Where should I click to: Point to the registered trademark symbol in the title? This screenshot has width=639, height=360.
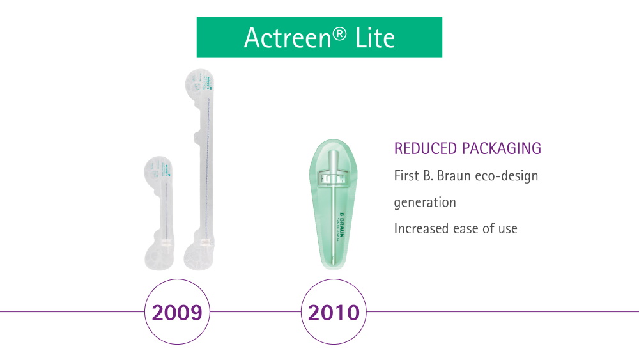(339, 32)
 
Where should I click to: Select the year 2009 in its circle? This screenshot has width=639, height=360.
(177, 312)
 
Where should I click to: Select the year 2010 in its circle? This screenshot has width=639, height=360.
(334, 312)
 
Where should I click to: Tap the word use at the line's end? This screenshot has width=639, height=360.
(507, 229)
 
